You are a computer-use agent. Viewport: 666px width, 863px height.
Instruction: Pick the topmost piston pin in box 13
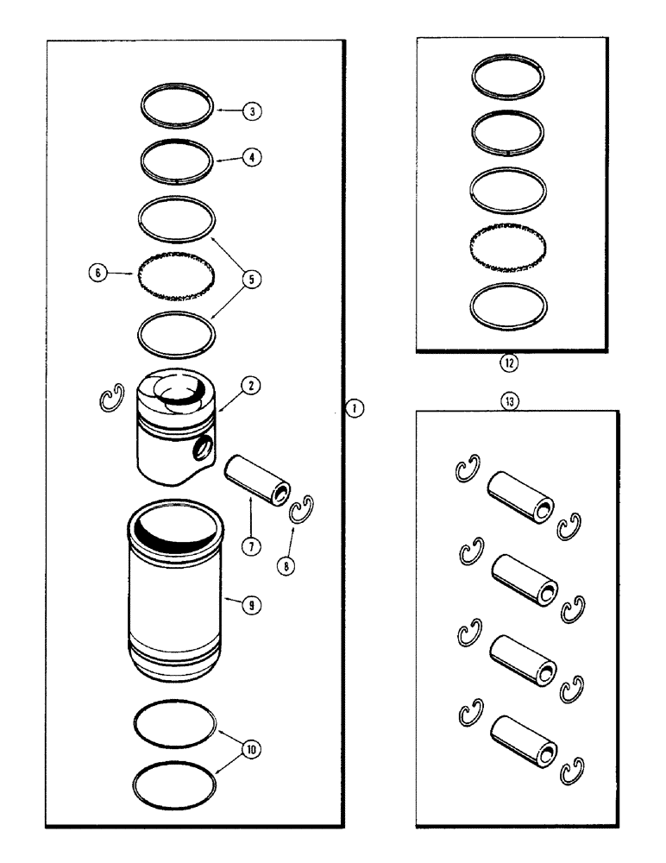pos(516,498)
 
